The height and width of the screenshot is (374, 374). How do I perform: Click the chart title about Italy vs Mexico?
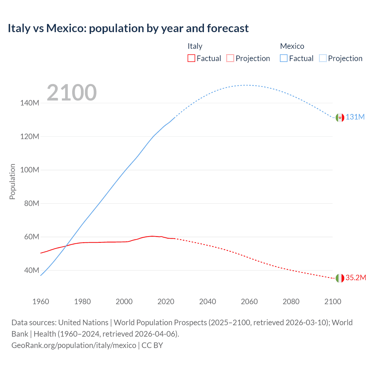(128, 28)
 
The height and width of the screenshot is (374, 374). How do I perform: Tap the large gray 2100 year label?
(72, 93)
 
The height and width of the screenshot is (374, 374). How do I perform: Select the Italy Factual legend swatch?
(191, 58)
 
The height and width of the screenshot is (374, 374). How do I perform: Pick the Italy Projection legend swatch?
(230, 58)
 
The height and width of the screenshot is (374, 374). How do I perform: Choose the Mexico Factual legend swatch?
(284, 58)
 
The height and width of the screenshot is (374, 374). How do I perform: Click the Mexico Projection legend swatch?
(323, 58)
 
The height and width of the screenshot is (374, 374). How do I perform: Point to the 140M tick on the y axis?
(30, 103)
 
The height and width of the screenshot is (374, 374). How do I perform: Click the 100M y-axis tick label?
(30, 170)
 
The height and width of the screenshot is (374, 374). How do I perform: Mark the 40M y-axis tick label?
(32, 270)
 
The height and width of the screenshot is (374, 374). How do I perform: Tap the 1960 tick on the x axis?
(41, 302)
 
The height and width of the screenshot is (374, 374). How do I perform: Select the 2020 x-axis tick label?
(166, 302)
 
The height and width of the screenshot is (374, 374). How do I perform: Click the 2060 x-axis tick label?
(249, 302)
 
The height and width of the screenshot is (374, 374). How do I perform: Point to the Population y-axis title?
(12, 181)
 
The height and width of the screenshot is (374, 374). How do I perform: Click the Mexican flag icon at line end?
(340, 117)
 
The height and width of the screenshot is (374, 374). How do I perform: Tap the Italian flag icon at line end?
(340, 278)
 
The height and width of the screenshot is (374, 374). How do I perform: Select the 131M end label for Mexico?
(355, 117)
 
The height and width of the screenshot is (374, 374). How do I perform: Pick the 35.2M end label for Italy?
(356, 278)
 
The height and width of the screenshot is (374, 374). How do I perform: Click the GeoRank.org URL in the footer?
(74, 345)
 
